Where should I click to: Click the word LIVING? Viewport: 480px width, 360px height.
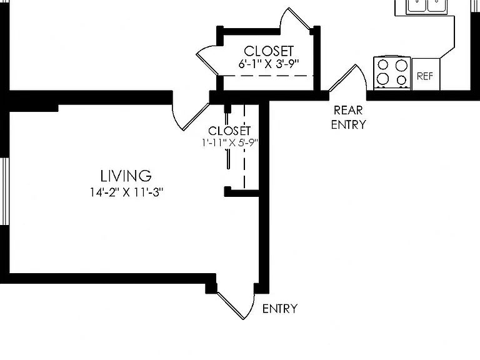click(126, 176)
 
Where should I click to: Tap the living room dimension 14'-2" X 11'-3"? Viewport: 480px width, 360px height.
click(126, 192)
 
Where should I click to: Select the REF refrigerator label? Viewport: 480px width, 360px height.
click(425, 76)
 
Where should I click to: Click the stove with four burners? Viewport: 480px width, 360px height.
click(392, 73)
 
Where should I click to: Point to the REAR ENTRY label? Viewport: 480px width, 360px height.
click(348, 117)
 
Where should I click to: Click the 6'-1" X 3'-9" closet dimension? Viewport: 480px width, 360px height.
click(269, 64)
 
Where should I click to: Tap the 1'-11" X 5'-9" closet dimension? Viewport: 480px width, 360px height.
click(230, 142)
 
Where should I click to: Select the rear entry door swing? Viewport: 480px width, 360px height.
click(347, 78)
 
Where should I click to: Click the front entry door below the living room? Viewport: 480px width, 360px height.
click(236, 305)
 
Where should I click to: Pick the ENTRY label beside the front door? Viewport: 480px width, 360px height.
click(280, 309)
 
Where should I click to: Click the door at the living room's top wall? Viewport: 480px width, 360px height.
click(191, 117)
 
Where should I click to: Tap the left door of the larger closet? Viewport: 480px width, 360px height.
click(207, 60)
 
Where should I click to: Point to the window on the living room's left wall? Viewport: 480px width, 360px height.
click(4, 192)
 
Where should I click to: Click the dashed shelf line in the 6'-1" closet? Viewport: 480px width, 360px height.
click(266, 76)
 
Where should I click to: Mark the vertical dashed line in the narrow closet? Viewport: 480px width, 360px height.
click(244, 146)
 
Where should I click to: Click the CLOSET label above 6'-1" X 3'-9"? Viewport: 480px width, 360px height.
click(269, 51)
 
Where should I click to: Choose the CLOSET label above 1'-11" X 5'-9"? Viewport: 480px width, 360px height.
click(229, 131)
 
